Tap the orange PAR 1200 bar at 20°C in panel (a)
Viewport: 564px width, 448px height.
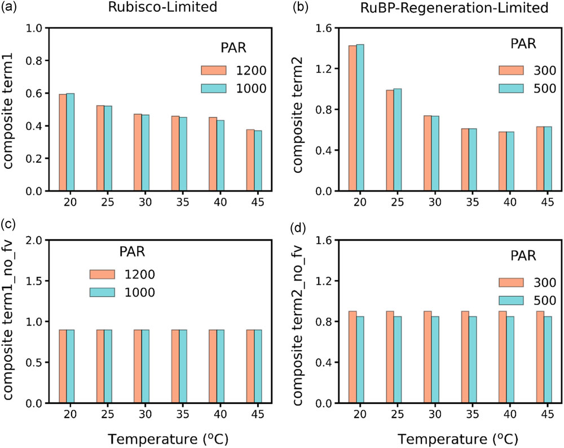coord(63,142)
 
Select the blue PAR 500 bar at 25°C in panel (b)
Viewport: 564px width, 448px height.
coord(398,140)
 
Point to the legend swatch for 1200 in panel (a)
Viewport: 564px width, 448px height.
coord(214,70)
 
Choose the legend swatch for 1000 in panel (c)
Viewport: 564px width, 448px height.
coord(102,292)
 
